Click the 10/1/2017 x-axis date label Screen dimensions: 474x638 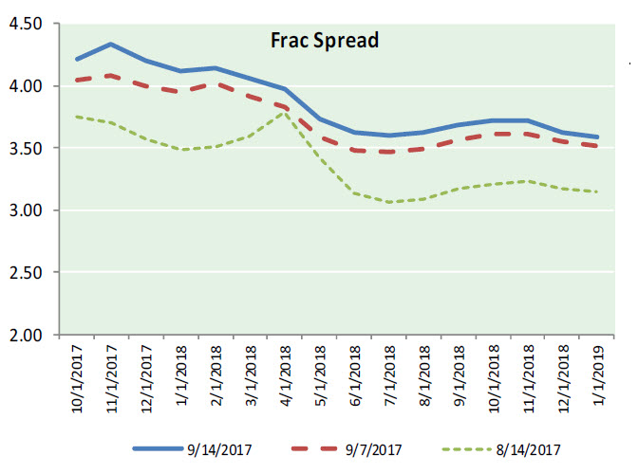tap(78, 380)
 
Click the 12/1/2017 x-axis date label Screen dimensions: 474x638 tap(146, 380)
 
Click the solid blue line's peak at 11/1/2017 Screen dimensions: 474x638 tap(111, 44)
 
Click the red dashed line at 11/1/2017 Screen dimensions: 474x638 tap(111, 76)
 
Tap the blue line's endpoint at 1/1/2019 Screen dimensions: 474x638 tap(595, 137)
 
